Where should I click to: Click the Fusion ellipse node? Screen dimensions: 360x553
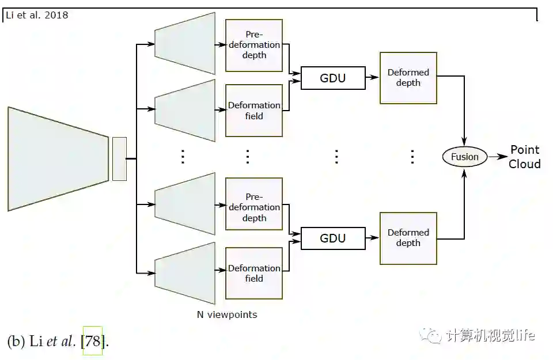click(x=464, y=157)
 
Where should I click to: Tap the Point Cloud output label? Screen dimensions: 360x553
click(x=524, y=157)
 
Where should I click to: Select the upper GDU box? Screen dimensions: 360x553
click(x=333, y=78)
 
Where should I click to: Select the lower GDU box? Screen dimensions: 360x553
click(x=333, y=238)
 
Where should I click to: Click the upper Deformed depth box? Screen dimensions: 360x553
click(x=408, y=78)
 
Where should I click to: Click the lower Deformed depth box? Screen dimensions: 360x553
click(x=408, y=238)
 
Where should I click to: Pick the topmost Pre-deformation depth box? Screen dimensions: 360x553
click(x=254, y=45)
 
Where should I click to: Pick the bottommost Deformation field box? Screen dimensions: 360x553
click(x=254, y=273)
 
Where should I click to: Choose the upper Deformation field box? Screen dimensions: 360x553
click(x=254, y=111)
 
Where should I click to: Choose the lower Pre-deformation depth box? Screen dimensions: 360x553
click(x=254, y=207)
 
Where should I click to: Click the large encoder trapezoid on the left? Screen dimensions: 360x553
click(x=58, y=158)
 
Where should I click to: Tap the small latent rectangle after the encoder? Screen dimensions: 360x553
click(x=119, y=158)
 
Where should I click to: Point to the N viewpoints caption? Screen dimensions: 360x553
click(x=226, y=314)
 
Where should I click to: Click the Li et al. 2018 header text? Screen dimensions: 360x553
click(x=37, y=15)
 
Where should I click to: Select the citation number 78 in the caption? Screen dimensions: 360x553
click(x=92, y=341)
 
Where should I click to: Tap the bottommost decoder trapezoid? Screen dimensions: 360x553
click(x=185, y=273)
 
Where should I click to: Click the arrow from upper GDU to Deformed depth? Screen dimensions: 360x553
click(x=372, y=78)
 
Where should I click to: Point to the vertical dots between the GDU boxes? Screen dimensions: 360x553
click(x=336, y=157)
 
